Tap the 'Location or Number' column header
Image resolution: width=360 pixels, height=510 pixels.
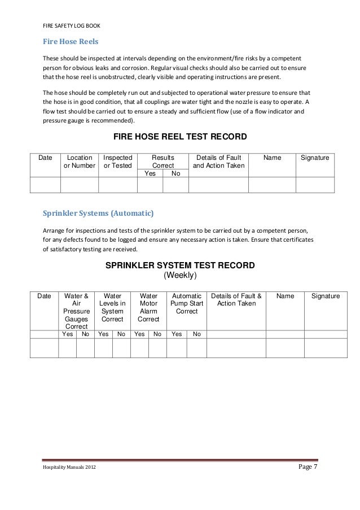(80, 162)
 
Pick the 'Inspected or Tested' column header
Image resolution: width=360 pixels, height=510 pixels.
(117, 162)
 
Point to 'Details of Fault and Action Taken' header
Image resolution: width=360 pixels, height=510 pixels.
(217, 162)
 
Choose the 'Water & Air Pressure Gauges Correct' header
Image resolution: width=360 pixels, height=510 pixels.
(76, 311)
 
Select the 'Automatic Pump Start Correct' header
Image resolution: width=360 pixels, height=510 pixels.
(186, 303)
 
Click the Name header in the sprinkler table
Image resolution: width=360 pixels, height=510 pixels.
(285, 295)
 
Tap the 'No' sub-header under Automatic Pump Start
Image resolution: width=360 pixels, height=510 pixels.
(196, 334)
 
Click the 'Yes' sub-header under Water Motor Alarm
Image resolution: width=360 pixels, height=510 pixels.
(139, 334)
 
